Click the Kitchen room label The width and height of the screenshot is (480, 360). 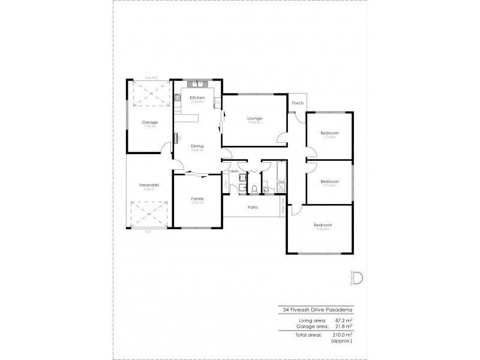[197, 97]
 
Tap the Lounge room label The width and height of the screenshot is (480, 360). [254, 118]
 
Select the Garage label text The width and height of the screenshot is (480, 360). [149, 122]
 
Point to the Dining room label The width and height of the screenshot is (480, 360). [197, 146]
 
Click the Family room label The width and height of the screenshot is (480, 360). [197, 199]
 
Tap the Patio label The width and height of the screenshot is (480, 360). [253, 208]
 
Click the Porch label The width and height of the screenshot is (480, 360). [296, 103]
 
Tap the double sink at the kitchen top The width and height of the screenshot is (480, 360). [197, 83]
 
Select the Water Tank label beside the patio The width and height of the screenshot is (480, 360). [283, 208]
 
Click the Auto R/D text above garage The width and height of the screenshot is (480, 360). [151, 77]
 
